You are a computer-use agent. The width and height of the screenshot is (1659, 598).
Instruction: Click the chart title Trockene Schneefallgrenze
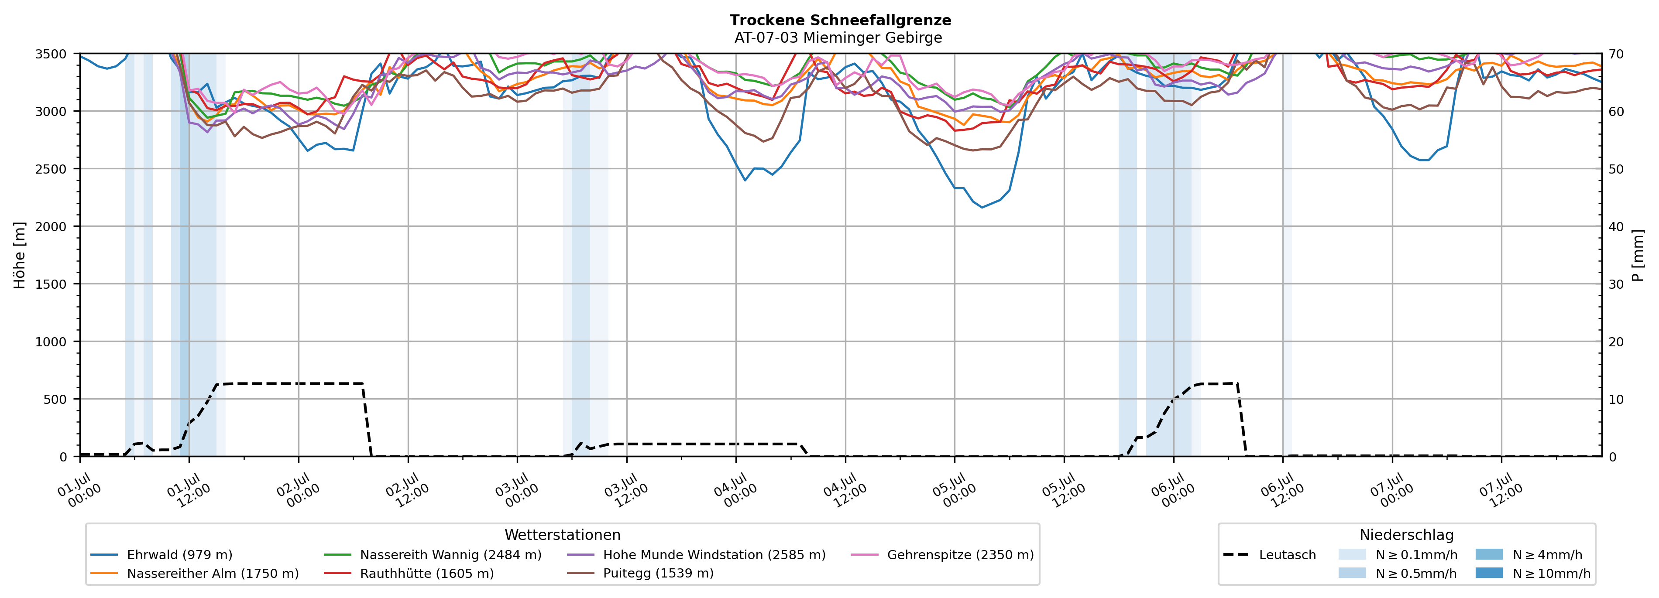coord(841,20)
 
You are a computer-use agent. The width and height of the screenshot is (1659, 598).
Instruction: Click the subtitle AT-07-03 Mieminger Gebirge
coord(838,38)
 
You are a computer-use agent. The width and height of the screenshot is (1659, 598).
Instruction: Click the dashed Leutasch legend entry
coord(1269,555)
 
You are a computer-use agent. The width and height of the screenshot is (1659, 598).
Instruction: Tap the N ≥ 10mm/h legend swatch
coord(1489,573)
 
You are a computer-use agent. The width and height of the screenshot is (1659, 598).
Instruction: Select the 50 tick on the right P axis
coord(1616,169)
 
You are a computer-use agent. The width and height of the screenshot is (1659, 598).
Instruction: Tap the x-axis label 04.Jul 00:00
coord(735,491)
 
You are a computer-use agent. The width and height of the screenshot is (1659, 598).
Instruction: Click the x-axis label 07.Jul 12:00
coord(1501,491)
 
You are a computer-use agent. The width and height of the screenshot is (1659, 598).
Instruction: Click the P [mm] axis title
coord(1638,256)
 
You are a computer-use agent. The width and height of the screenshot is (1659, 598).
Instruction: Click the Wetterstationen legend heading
coord(562,535)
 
